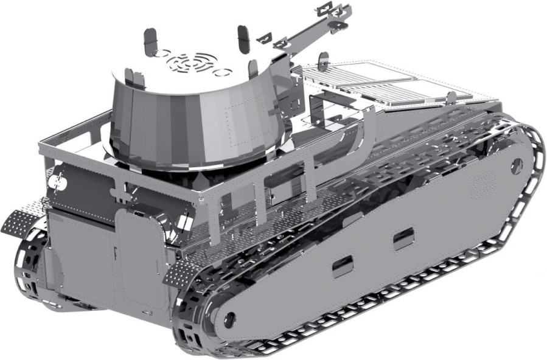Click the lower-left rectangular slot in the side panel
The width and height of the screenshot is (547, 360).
click(x=343, y=266)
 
